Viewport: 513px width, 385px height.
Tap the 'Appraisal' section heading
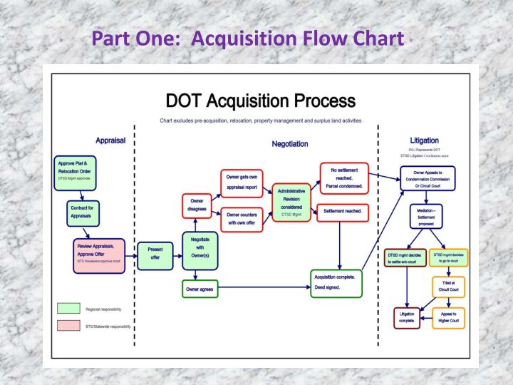pyautogui.click(x=110, y=140)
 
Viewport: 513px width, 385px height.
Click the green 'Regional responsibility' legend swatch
pyautogui.click(x=68, y=309)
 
